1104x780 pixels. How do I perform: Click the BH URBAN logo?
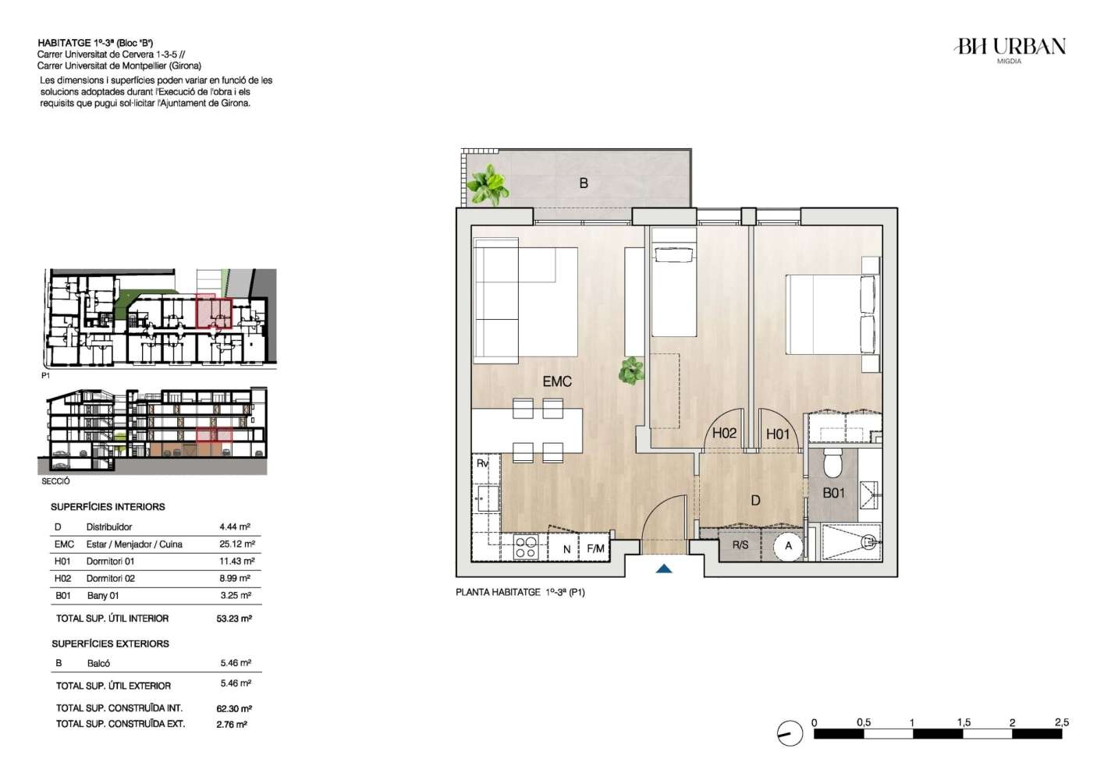[1010, 50]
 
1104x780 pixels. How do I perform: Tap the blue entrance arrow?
[664, 569]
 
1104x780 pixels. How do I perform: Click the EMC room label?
[557, 381]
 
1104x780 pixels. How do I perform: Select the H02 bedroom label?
[724, 433]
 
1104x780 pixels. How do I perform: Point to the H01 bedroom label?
[778, 434]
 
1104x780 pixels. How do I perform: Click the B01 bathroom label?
[834, 493]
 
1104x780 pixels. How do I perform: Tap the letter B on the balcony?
[584, 183]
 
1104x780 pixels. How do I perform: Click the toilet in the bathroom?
[833, 463]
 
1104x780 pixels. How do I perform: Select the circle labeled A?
[788, 546]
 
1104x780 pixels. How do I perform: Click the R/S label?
[740, 545]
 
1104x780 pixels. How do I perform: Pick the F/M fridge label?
[595, 548]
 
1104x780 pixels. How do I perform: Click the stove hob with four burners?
[525, 548]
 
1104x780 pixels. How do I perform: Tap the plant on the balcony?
[488, 185]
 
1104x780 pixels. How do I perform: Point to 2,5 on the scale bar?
[1062, 722]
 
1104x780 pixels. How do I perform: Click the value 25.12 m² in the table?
[237, 544]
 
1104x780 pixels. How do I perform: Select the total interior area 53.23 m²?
[234, 619]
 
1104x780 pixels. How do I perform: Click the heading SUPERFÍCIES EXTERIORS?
[111, 643]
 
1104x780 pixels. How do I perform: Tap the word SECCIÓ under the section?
[55, 481]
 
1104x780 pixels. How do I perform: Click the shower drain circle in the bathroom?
[869, 543]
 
